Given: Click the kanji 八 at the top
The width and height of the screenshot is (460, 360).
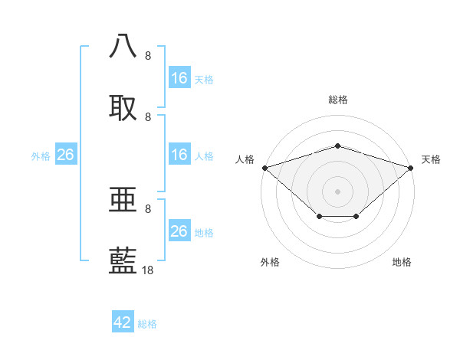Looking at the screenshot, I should (123, 46).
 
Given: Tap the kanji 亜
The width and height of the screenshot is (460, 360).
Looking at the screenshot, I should (123, 199).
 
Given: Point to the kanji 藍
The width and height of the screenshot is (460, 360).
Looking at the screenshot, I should (123, 260).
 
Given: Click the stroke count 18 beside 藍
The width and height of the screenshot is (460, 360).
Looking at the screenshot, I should (148, 270).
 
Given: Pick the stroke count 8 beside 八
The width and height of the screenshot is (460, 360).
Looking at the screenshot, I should (148, 56).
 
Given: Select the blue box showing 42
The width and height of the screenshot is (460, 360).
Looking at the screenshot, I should (123, 322).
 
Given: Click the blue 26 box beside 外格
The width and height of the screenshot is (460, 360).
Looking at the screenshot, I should (65, 155).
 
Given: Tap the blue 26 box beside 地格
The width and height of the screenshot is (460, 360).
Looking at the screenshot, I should (179, 231).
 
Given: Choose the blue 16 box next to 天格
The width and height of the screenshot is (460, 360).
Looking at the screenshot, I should (179, 78).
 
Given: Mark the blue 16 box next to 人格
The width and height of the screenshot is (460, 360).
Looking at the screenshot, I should (179, 155).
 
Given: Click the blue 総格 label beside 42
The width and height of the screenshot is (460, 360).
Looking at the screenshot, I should (147, 324).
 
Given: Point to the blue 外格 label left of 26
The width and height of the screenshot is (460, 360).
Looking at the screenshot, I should (41, 156).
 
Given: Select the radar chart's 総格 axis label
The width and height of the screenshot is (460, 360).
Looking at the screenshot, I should (338, 100).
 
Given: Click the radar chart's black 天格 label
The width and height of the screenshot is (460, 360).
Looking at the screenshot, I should (432, 159).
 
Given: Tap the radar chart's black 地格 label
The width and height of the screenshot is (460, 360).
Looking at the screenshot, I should (402, 262).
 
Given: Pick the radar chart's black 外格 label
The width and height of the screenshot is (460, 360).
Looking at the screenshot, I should (270, 262).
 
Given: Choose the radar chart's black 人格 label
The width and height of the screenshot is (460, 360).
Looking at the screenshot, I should (245, 159).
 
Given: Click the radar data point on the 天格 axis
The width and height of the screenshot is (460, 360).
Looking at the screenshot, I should (412, 167).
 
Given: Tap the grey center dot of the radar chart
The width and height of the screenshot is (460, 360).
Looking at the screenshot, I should (337, 191).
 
